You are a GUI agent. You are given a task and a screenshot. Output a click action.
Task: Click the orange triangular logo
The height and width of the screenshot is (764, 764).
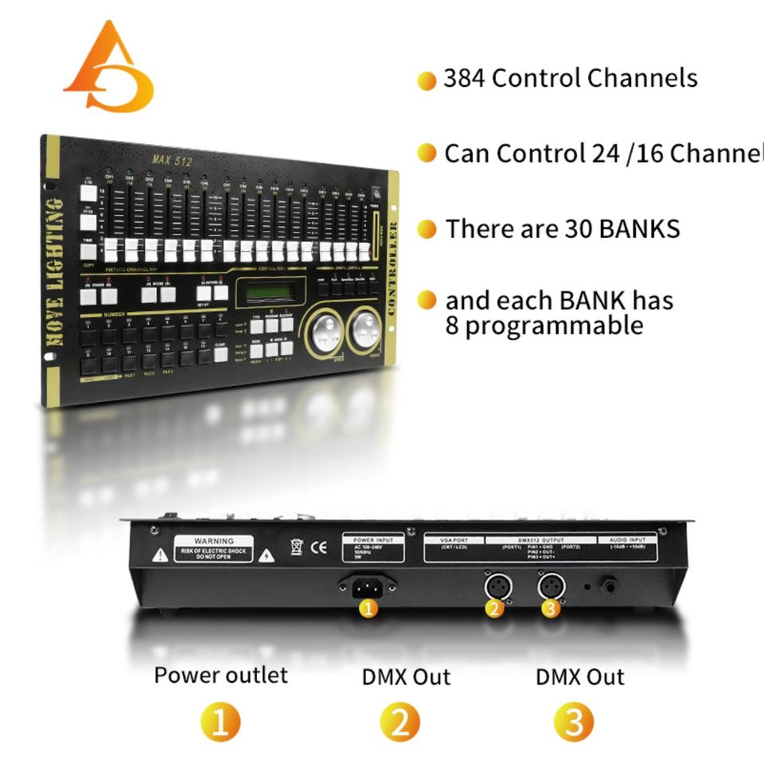tap(109, 70)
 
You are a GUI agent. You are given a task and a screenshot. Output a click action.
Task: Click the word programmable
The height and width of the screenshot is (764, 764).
tap(544, 325)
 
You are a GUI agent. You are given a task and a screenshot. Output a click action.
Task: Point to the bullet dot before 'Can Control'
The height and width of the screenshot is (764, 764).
tap(427, 154)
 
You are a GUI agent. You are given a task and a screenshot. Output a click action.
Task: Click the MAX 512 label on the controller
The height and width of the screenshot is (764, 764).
tap(172, 160)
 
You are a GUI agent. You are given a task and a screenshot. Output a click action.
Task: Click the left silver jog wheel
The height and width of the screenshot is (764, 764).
tap(325, 331)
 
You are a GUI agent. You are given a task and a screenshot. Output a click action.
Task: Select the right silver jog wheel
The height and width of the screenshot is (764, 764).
tap(364, 327)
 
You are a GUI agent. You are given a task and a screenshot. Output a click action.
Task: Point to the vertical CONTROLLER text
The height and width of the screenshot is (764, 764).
tap(392, 271)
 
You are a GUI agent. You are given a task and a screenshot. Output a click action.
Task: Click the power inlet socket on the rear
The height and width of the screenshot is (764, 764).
tap(367, 587)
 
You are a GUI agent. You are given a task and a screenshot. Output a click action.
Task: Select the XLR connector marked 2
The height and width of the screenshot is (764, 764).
tap(497, 588)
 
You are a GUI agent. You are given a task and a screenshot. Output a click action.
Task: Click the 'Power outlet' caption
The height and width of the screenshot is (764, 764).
tap(220, 676)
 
